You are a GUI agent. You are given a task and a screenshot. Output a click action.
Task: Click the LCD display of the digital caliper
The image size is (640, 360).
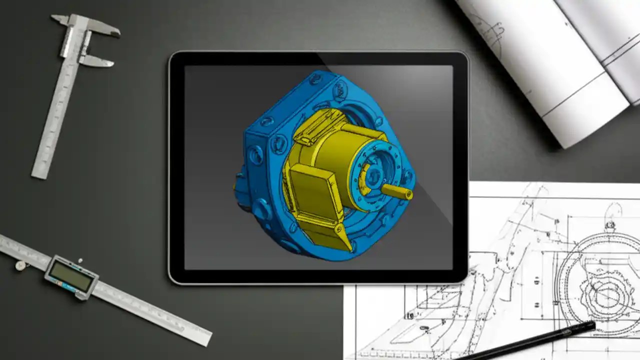click(x=71, y=276)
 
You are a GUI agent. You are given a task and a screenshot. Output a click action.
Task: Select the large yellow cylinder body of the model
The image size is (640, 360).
click(x=340, y=160)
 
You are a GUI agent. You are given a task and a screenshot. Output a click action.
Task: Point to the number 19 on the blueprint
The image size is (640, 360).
click(x=410, y=316)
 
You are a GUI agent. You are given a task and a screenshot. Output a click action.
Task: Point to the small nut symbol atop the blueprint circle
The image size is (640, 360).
click(x=610, y=225)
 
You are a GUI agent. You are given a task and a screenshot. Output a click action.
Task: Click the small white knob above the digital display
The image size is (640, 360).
click(x=80, y=260)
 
